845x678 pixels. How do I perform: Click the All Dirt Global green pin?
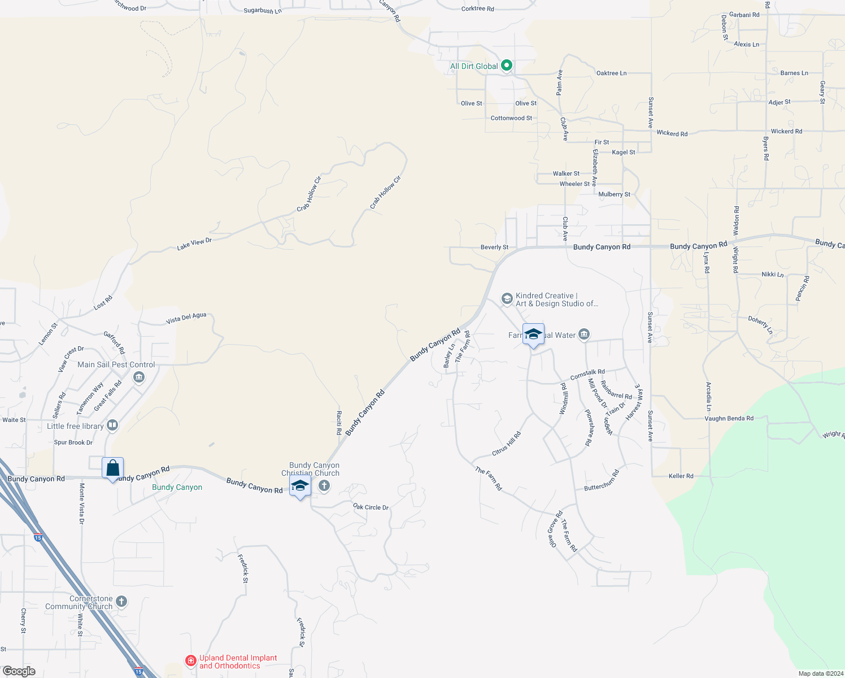point(507,66)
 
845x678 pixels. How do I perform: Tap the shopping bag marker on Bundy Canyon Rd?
point(113,468)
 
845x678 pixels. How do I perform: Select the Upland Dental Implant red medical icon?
point(191,660)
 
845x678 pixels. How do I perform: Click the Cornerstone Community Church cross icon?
point(121,602)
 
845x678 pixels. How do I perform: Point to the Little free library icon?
point(112,425)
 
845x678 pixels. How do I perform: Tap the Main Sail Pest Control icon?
point(139,377)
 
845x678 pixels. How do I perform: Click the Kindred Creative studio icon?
point(507,298)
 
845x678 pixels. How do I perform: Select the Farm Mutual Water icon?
point(584,335)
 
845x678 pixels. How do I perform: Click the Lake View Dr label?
point(194,244)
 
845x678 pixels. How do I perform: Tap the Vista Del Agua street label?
point(186,319)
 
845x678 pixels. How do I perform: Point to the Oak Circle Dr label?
point(371,507)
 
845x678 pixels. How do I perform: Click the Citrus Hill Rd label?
point(506,444)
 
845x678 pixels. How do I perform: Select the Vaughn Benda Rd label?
point(729,419)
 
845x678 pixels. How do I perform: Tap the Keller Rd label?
point(681,476)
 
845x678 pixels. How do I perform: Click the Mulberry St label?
point(614,194)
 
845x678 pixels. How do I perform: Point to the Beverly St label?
point(494,247)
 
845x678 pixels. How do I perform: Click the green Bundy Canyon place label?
point(177,487)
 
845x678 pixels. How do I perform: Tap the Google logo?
point(19,671)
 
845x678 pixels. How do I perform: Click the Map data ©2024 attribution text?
point(821,673)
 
